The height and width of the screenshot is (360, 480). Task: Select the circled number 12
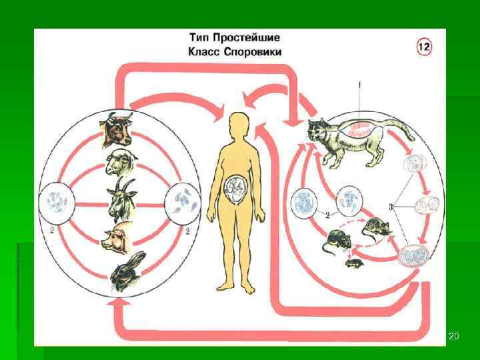[425, 46]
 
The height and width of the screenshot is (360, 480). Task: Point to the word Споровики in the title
[252, 51]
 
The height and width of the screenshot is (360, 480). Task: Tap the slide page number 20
[454, 335]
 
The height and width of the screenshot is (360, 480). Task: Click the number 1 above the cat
[359, 86]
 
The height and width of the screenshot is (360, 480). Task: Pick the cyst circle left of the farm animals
[56, 201]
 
